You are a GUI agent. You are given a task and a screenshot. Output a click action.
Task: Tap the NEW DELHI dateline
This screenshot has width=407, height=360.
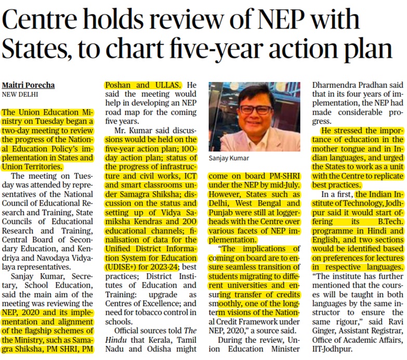20,95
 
